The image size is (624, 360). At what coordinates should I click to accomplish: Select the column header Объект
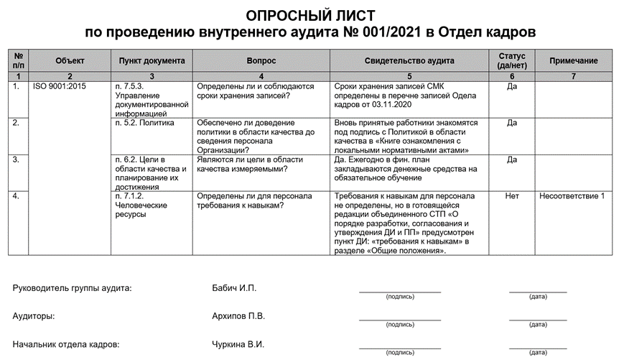70,61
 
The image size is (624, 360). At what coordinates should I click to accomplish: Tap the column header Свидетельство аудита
409,61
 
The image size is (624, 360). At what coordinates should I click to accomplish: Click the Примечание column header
573,61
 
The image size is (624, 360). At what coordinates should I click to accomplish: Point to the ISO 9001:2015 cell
60,86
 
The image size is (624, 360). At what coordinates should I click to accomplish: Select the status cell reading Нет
511,195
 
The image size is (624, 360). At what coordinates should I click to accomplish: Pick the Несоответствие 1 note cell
573,195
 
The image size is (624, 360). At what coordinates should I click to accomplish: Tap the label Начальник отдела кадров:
65,344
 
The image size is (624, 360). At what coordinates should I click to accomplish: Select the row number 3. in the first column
16,160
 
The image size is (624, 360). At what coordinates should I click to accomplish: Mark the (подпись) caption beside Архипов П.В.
400,325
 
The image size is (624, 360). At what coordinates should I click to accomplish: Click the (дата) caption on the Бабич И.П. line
538,297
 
